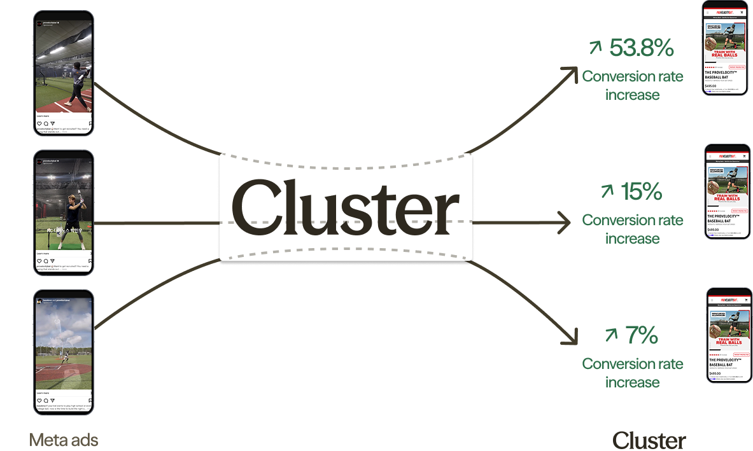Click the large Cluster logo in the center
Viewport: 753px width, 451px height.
click(x=346, y=207)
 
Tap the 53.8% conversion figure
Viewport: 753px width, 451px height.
click(x=642, y=48)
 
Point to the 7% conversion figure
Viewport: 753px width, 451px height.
click(x=640, y=335)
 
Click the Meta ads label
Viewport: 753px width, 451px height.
click(x=64, y=440)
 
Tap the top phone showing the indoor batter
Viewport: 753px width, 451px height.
click(x=64, y=73)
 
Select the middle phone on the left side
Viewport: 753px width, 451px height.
click(x=64, y=212)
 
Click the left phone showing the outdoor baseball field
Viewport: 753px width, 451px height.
click(x=64, y=352)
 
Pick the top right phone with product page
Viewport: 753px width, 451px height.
click(x=725, y=48)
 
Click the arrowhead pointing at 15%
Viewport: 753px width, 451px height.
click(x=566, y=223)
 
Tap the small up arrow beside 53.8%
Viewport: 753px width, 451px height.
click(x=595, y=47)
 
